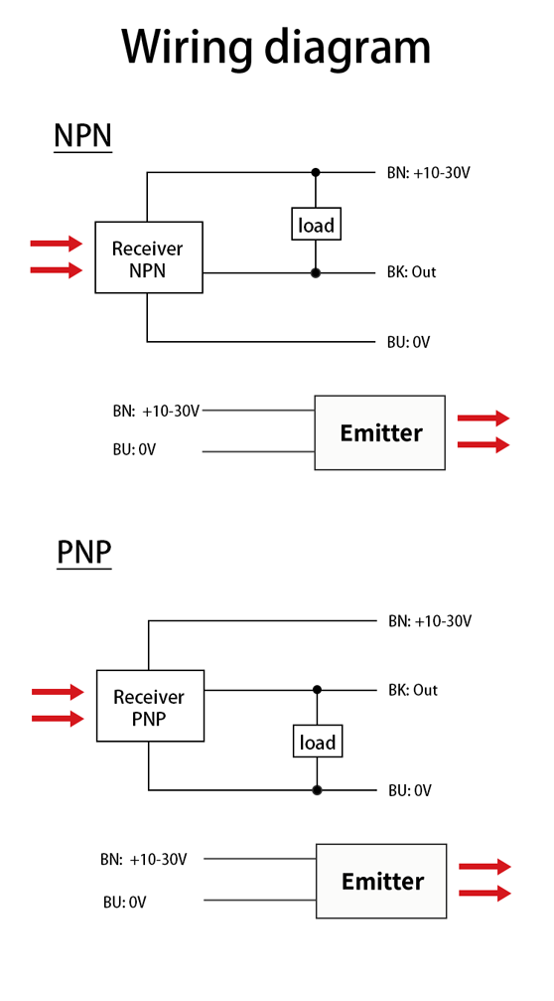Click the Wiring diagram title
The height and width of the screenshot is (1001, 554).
point(276,48)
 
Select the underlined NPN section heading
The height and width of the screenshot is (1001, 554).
point(82,136)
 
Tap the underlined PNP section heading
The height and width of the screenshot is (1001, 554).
point(84,553)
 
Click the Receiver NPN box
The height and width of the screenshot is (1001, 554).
point(149,257)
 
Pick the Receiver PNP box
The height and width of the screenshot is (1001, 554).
point(151,706)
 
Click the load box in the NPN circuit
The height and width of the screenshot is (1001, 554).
point(316,224)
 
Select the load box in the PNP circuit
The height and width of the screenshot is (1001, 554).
point(318,742)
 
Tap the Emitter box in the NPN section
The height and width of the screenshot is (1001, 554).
point(380,432)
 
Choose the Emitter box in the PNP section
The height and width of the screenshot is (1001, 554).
point(381,881)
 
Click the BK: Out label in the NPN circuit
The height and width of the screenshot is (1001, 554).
point(411,272)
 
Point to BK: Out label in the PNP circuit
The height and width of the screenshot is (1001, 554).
point(413,690)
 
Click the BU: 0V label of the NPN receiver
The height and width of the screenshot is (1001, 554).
point(408,342)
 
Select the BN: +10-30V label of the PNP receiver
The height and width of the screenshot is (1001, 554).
point(430,620)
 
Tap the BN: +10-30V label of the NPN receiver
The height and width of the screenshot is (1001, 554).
point(429,172)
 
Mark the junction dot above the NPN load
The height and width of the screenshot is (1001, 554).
point(315,172)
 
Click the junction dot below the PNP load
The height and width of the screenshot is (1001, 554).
point(317,790)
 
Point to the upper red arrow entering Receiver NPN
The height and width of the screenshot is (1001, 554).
point(57,243)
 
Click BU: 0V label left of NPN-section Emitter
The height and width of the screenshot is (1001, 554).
point(134,450)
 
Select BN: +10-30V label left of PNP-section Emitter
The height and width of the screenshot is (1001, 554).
point(143,859)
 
